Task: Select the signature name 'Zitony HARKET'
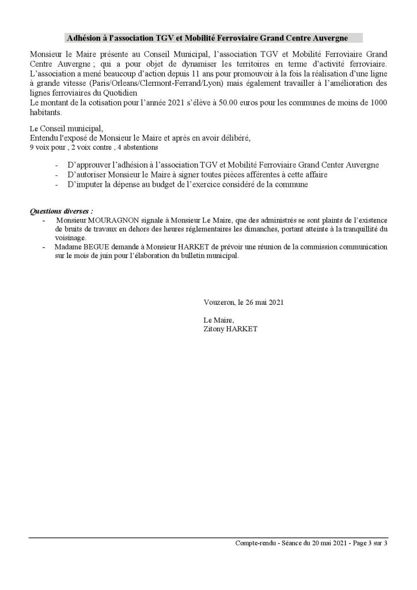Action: (230, 328)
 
